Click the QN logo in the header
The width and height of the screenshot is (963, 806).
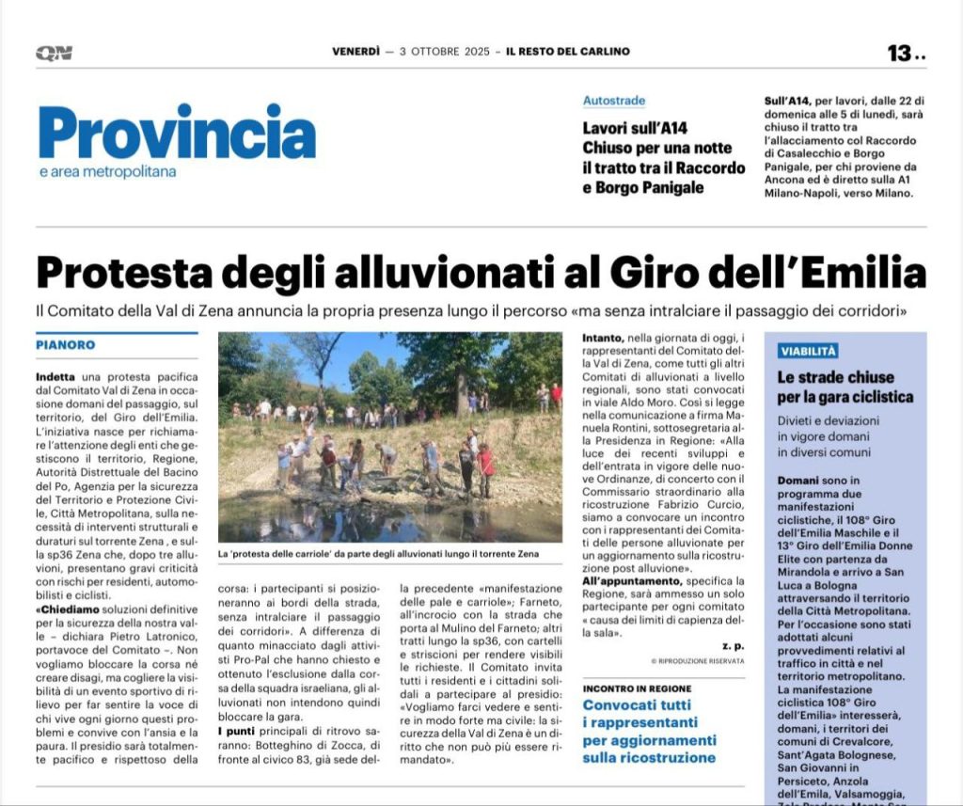(54, 53)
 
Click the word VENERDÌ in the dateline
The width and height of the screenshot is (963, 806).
(355, 52)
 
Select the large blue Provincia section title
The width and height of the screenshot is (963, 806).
(177, 132)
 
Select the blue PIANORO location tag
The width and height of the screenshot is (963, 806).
(66, 345)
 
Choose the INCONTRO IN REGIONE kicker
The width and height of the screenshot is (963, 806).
(637, 687)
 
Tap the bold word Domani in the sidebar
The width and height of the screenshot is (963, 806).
(798, 480)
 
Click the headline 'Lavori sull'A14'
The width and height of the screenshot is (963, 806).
(636, 128)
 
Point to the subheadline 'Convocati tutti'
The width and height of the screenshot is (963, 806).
(636, 705)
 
